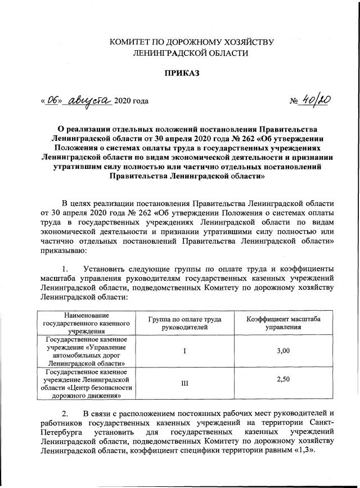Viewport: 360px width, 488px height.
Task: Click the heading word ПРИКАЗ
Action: (x=179, y=73)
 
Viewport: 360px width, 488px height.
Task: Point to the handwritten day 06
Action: (x=53, y=100)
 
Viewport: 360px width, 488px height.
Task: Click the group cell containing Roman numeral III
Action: (x=184, y=383)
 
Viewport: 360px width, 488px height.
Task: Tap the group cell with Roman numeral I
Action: (x=184, y=351)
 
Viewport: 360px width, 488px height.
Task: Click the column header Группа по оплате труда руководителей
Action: (x=184, y=323)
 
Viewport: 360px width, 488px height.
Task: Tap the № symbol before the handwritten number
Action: (x=294, y=102)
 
